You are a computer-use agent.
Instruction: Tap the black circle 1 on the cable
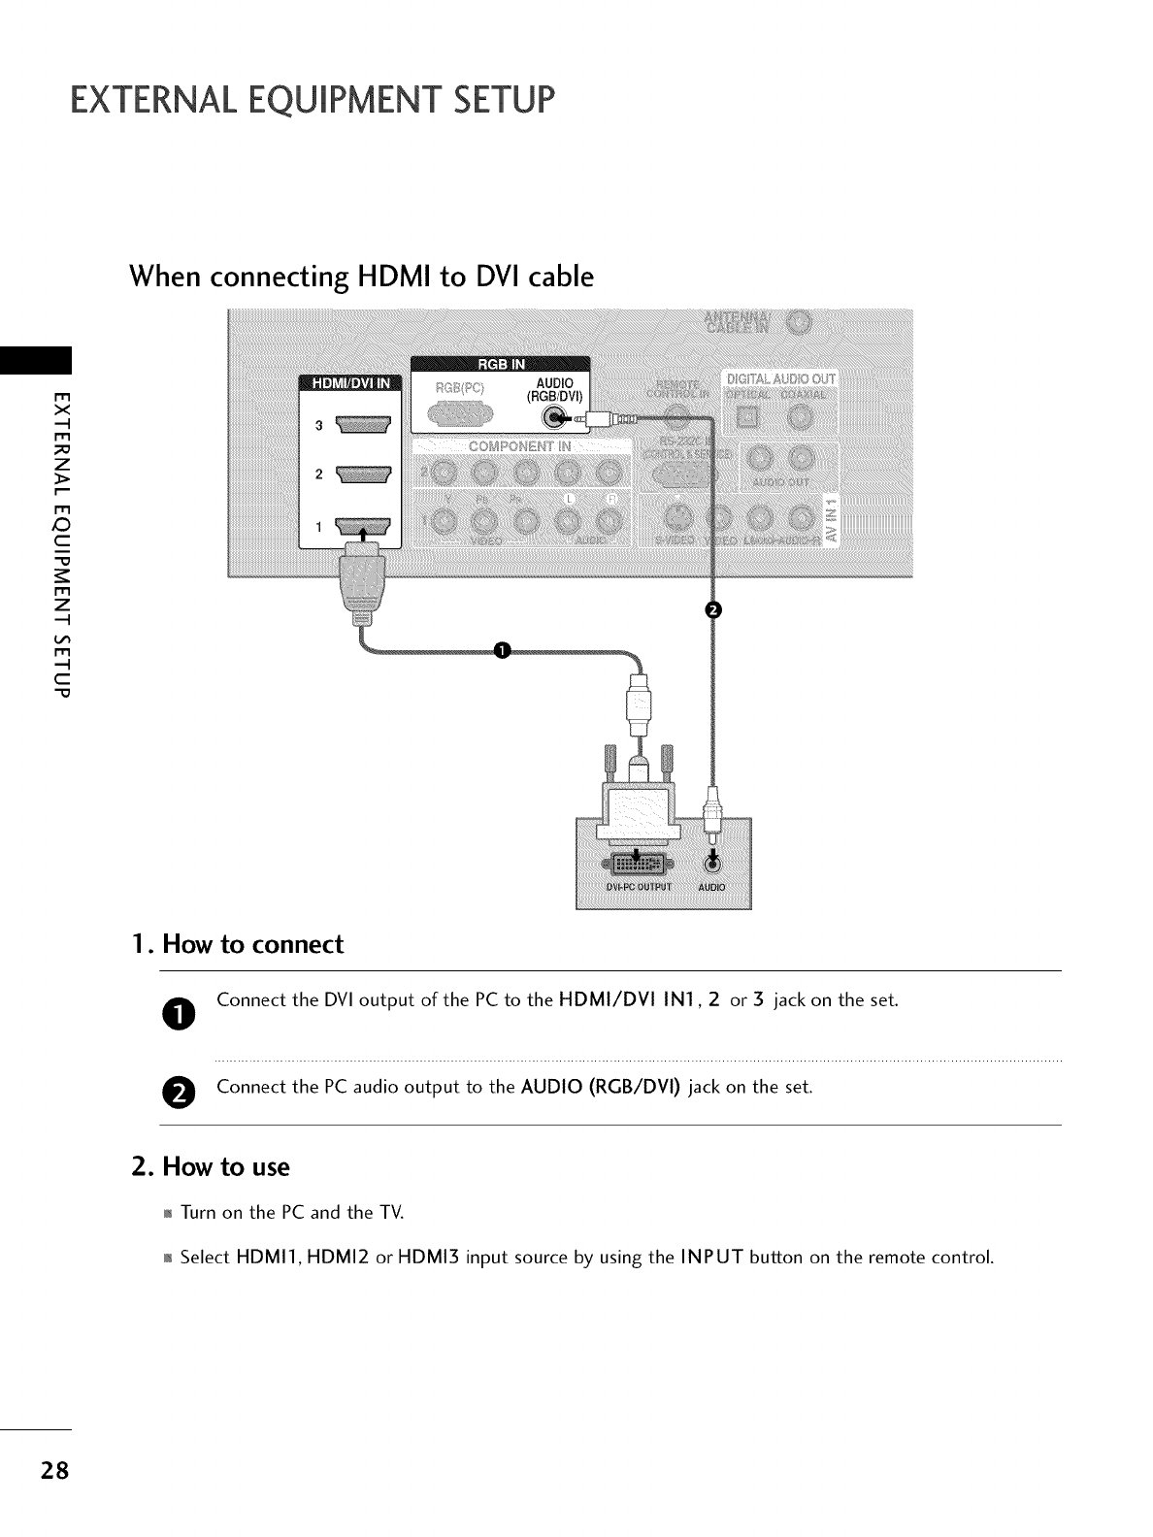tap(502, 650)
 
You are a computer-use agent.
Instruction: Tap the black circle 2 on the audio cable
tap(713, 609)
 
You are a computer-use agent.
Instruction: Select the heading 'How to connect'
tap(252, 945)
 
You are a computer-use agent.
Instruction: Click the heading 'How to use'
tap(225, 1166)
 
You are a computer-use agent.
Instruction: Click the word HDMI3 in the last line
tap(429, 1259)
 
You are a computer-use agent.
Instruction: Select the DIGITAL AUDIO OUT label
tap(780, 378)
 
